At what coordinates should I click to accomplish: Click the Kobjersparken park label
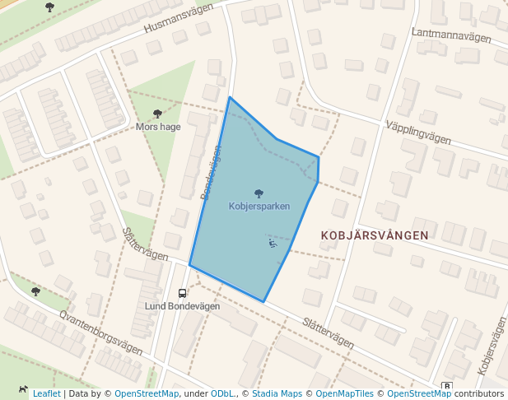tap(259, 206)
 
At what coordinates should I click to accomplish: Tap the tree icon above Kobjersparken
tap(259, 193)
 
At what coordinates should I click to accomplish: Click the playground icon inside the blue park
tap(273, 243)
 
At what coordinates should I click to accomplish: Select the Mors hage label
tap(157, 127)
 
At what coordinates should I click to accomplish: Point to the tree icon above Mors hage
tap(157, 114)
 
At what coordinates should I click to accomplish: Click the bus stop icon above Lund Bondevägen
tap(182, 293)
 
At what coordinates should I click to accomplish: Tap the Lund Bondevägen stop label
tap(183, 306)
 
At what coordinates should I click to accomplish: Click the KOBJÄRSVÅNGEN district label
tap(375, 235)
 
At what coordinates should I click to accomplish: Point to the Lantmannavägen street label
tap(451, 35)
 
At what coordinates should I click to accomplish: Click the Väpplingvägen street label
tap(418, 132)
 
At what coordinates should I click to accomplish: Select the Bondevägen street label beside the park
tap(211, 172)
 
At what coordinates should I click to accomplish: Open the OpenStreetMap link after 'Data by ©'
tap(147, 393)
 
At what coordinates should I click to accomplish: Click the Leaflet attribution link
tap(46, 393)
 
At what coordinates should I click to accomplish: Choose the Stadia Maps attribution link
tap(277, 393)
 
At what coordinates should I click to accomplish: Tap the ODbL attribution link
tap(223, 393)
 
